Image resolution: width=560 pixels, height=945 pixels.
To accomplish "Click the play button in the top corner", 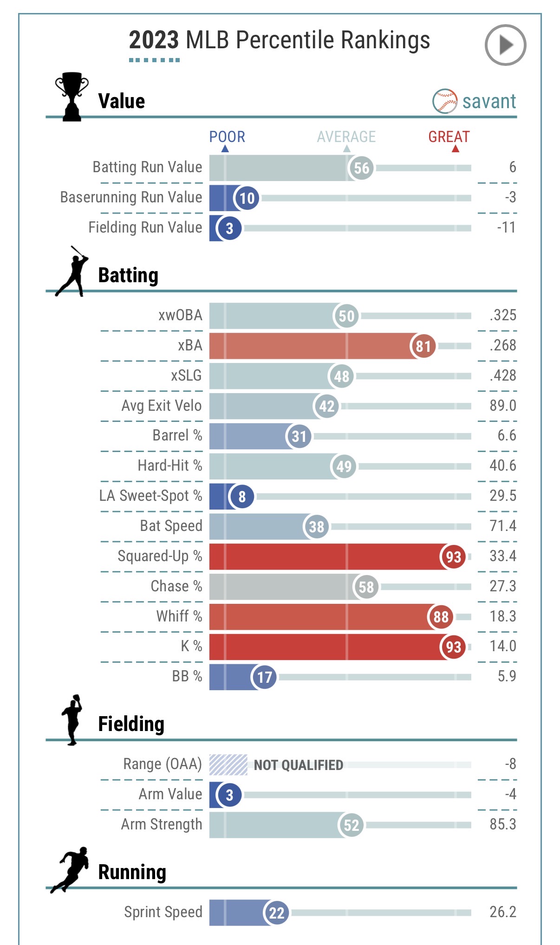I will [505, 45].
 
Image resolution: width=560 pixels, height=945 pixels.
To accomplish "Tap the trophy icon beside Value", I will [72, 97].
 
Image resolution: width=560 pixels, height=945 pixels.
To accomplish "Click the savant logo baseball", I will [444, 101].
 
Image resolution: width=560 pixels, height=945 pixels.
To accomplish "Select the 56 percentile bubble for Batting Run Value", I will [361, 168].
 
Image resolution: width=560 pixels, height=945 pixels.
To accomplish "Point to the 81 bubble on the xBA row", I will [423, 346].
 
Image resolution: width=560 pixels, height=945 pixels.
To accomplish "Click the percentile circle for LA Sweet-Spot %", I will [242, 497].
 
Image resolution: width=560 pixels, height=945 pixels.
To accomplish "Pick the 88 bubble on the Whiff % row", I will [441, 617].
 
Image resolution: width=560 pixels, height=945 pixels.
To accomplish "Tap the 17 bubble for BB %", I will [264, 677].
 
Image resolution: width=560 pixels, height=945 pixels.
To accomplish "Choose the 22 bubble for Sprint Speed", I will [276, 913].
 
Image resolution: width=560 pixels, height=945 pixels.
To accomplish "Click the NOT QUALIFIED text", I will [298, 765].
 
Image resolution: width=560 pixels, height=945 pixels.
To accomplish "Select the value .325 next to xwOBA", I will [503, 315].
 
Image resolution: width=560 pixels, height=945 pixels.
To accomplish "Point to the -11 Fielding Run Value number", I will [506, 227].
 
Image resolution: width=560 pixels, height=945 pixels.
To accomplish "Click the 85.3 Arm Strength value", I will [503, 824].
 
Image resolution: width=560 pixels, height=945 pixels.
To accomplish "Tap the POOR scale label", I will [227, 137].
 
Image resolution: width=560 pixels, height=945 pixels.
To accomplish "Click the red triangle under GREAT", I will [456, 149].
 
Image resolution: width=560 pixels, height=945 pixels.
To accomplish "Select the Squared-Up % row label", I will [160, 556].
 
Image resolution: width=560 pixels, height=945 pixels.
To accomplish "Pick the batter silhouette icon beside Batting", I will [72, 272].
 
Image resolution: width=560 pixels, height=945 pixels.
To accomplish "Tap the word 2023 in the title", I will [154, 40].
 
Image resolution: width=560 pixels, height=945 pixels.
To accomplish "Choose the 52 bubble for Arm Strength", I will [351, 825].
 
